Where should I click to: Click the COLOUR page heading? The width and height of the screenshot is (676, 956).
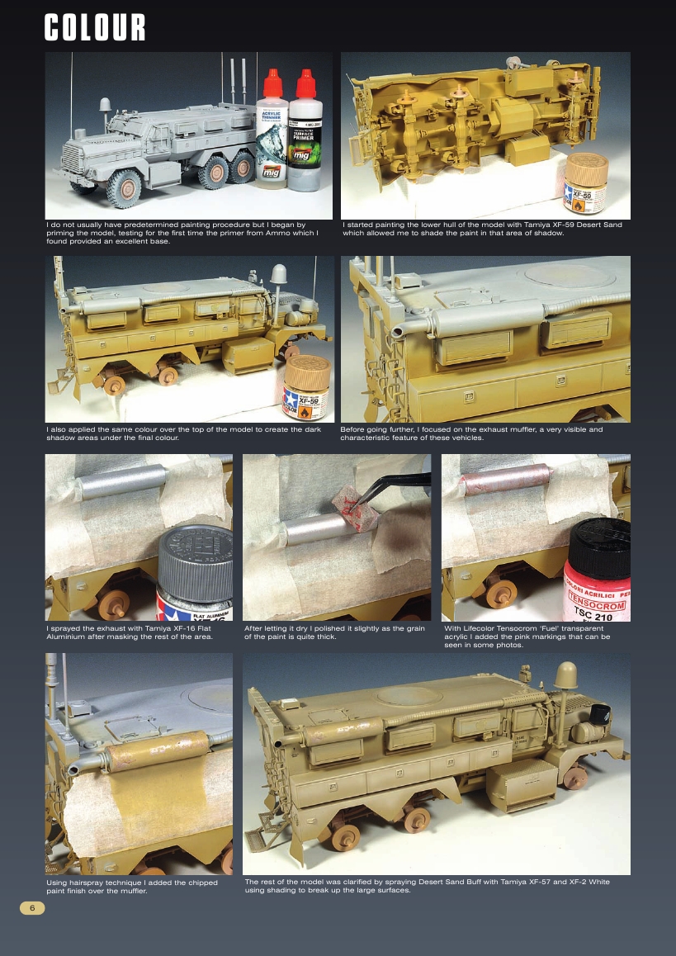[x=95, y=28]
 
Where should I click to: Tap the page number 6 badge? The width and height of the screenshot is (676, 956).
[x=32, y=908]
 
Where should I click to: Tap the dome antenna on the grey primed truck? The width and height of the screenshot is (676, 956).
[x=105, y=106]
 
